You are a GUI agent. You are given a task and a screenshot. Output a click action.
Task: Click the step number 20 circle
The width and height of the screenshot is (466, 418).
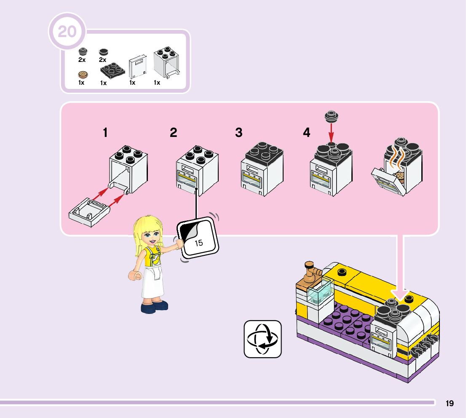(x=67, y=32)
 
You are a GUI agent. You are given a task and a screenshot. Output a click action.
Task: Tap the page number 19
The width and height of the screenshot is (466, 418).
(x=450, y=403)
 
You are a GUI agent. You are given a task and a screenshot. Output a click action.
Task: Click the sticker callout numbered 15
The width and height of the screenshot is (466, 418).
(x=198, y=239)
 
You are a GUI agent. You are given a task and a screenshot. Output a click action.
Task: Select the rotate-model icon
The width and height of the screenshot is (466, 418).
(x=262, y=339)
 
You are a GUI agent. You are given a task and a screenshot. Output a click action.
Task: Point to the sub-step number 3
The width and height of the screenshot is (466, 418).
(x=239, y=133)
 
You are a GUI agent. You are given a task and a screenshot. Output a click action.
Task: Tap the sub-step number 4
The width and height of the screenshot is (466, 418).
(x=306, y=133)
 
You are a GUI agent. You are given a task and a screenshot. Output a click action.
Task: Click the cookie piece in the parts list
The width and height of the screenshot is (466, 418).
(x=83, y=75)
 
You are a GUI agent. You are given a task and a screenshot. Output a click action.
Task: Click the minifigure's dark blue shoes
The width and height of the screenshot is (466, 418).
(x=155, y=307)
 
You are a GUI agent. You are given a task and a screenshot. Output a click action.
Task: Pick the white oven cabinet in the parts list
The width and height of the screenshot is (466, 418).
(x=166, y=63)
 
